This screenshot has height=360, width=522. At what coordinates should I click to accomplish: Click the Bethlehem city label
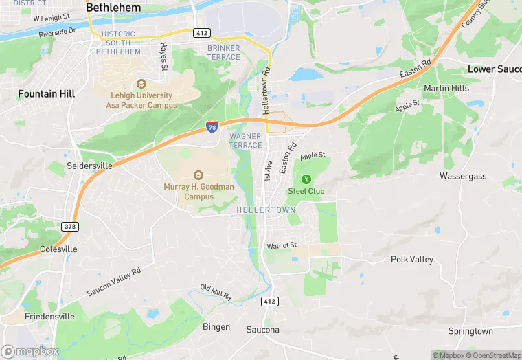[113, 8]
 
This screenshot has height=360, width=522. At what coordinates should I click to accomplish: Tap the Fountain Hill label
[46, 93]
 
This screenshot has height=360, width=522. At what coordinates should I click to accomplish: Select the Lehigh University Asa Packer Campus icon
[141, 84]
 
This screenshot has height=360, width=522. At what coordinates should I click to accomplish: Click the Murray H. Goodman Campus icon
[199, 174]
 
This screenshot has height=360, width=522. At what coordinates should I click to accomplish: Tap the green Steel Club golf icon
[306, 179]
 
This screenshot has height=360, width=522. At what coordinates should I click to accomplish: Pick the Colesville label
[58, 249]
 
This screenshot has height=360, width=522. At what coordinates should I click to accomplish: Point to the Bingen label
[216, 326]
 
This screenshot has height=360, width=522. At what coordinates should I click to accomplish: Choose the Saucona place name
[263, 330]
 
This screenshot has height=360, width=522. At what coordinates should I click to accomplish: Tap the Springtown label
[470, 331]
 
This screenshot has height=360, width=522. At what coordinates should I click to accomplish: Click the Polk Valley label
[412, 259]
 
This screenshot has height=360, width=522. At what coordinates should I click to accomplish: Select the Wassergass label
[463, 176]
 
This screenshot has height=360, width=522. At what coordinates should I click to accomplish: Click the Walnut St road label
[282, 245]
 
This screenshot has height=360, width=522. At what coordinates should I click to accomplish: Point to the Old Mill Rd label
[216, 292]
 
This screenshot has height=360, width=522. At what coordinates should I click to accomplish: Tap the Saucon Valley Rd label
[114, 282]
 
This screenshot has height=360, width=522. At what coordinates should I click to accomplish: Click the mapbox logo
[30, 351]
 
